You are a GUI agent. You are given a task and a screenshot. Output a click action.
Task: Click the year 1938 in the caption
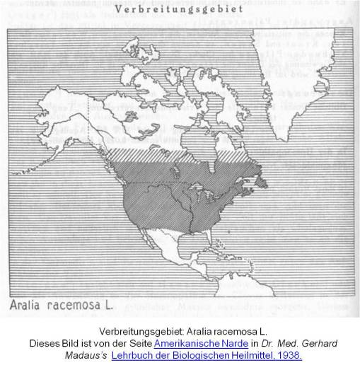[291, 354]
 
